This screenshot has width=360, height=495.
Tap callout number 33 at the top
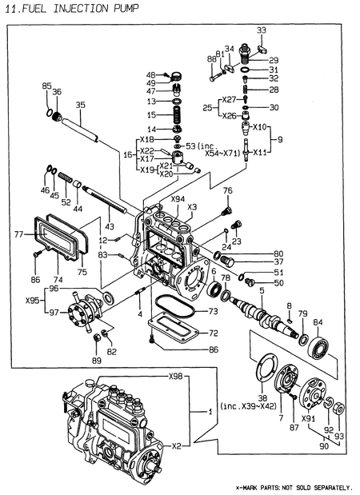point(262,30)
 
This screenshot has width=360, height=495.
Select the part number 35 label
point(80,105)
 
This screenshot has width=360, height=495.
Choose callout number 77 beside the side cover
point(18,235)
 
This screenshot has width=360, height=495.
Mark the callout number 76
point(227,191)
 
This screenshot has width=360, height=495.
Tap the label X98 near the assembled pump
point(175,377)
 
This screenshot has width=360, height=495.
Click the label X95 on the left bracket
point(33,301)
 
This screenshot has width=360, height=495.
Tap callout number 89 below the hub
point(96,361)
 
